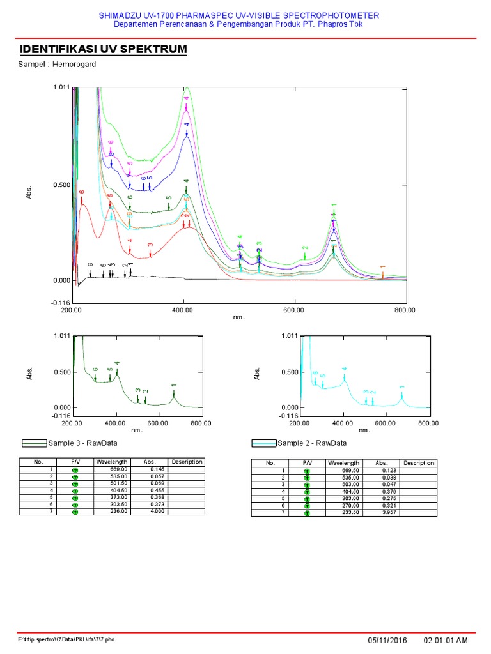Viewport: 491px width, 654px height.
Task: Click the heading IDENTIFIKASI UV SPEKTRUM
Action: pyautogui.click(x=103, y=50)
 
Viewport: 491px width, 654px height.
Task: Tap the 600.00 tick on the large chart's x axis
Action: pyautogui.click(x=294, y=310)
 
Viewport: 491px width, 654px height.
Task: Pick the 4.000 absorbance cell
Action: pyautogui.click(x=156, y=512)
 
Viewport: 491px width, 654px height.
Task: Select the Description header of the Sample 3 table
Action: pyautogui.click(x=187, y=462)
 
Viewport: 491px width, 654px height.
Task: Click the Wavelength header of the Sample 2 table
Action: pyautogui.click(x=343, y=463)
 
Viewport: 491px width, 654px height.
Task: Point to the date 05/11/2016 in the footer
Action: pyautogui.click(x=388, y=640)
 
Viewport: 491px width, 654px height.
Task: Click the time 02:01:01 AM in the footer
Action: pyautogui.click(x=446, y=640)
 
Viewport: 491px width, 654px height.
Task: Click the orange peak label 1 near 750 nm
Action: pyautogui.click(x=382, y=268)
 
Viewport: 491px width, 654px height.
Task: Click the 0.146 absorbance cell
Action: pyautogui.click(x=156, y=469)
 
